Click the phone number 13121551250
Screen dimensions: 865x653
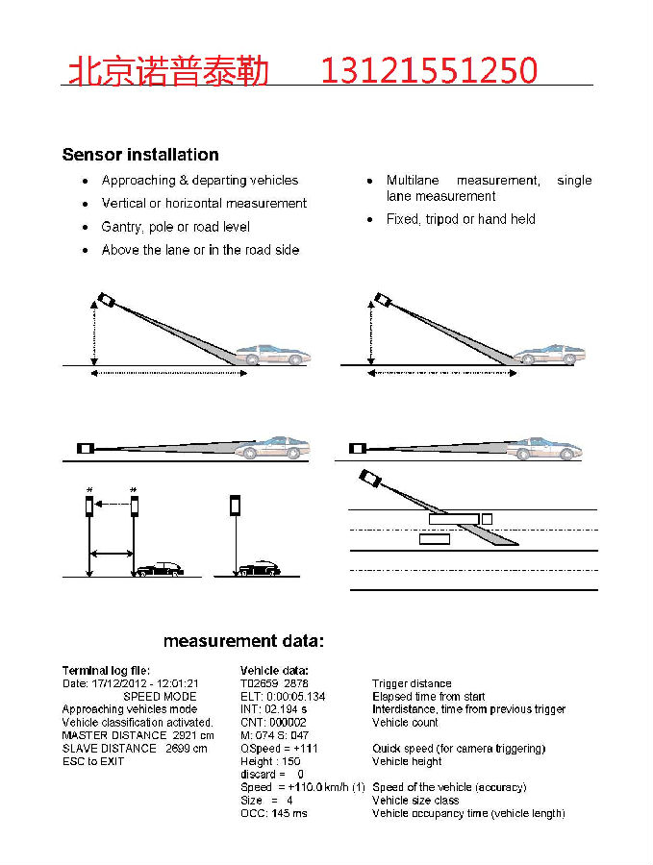coord(428,70)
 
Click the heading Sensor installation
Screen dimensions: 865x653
coord(140,155)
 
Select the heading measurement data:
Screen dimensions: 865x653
coord(244,641)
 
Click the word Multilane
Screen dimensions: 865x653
coord(414,181)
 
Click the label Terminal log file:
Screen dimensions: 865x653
coord(106,671)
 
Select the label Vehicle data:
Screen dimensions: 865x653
coord(274,671)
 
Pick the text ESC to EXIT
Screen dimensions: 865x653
coord(93,761)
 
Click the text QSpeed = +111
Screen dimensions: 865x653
coord(279,749)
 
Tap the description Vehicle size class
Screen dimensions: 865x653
coord(415,801)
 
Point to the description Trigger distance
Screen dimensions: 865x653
coord(412,683)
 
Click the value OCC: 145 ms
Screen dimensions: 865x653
coord(274,814)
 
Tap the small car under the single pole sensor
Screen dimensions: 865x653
coord(259,569)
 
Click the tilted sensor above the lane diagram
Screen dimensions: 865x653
coord(369,478)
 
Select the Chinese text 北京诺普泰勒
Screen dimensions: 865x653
coord(168,70)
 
